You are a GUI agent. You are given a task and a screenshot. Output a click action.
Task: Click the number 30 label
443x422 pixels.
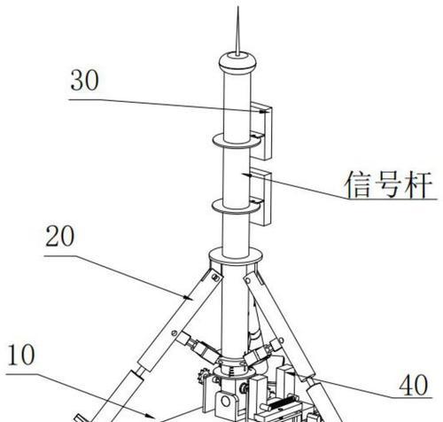click(x=84, y=81)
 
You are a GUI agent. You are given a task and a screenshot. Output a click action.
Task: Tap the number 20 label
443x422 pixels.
click(x=60, y=236)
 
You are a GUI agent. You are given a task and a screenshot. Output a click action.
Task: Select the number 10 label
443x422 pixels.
click(x=21, y=355)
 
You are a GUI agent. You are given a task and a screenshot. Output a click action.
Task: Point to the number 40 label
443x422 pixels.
click(x=413, y=385)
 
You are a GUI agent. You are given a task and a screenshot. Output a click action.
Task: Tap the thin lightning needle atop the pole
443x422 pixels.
click(x=237, y=31)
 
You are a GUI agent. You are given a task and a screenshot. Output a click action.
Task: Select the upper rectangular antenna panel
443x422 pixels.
click(x=261, y=131)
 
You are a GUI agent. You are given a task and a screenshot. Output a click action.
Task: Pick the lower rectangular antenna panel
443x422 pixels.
click(x=260, y=198)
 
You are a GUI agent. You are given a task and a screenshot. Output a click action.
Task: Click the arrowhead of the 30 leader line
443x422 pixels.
click(x=264, y=112)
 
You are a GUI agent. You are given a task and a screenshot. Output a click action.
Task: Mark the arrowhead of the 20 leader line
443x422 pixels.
click(x=188, y=297)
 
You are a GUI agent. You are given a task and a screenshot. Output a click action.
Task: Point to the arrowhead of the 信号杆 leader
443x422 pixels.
click(x=247, y=175)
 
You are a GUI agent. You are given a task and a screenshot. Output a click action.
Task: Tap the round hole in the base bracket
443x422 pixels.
click(x=226, y=402)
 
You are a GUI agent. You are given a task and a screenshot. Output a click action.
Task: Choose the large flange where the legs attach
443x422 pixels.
click(x=236, y=256)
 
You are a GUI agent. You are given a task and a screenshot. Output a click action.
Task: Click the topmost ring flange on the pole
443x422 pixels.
click(x=237, y=141)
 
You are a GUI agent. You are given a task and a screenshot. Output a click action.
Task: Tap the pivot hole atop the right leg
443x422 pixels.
click(x=246, y=279)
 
